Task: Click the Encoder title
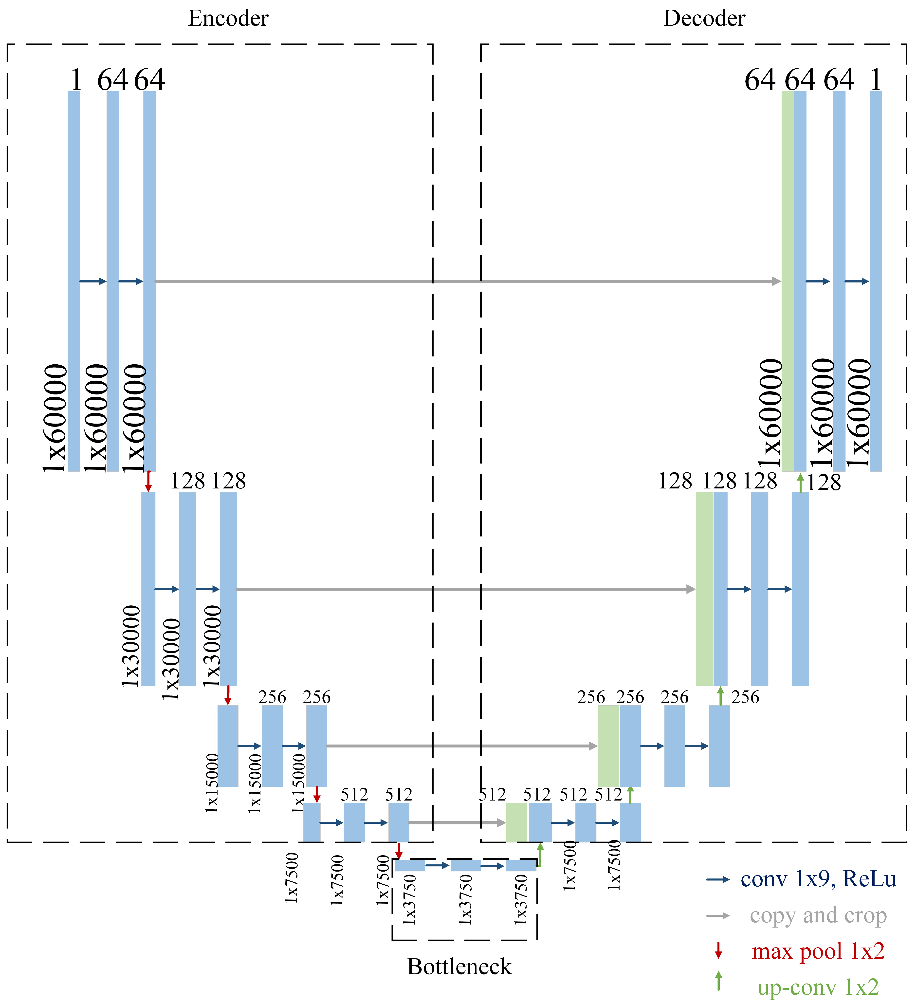click(228, 19)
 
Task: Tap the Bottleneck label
click(459, 967)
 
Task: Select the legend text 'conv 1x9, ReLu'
click(818, 879)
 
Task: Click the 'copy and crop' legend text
click(818, 915)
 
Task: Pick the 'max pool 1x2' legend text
click(818, 951)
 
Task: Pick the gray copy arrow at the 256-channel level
click(462, 746)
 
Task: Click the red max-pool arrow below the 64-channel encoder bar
click(148, 481)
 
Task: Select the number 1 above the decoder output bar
click(876, 80)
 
